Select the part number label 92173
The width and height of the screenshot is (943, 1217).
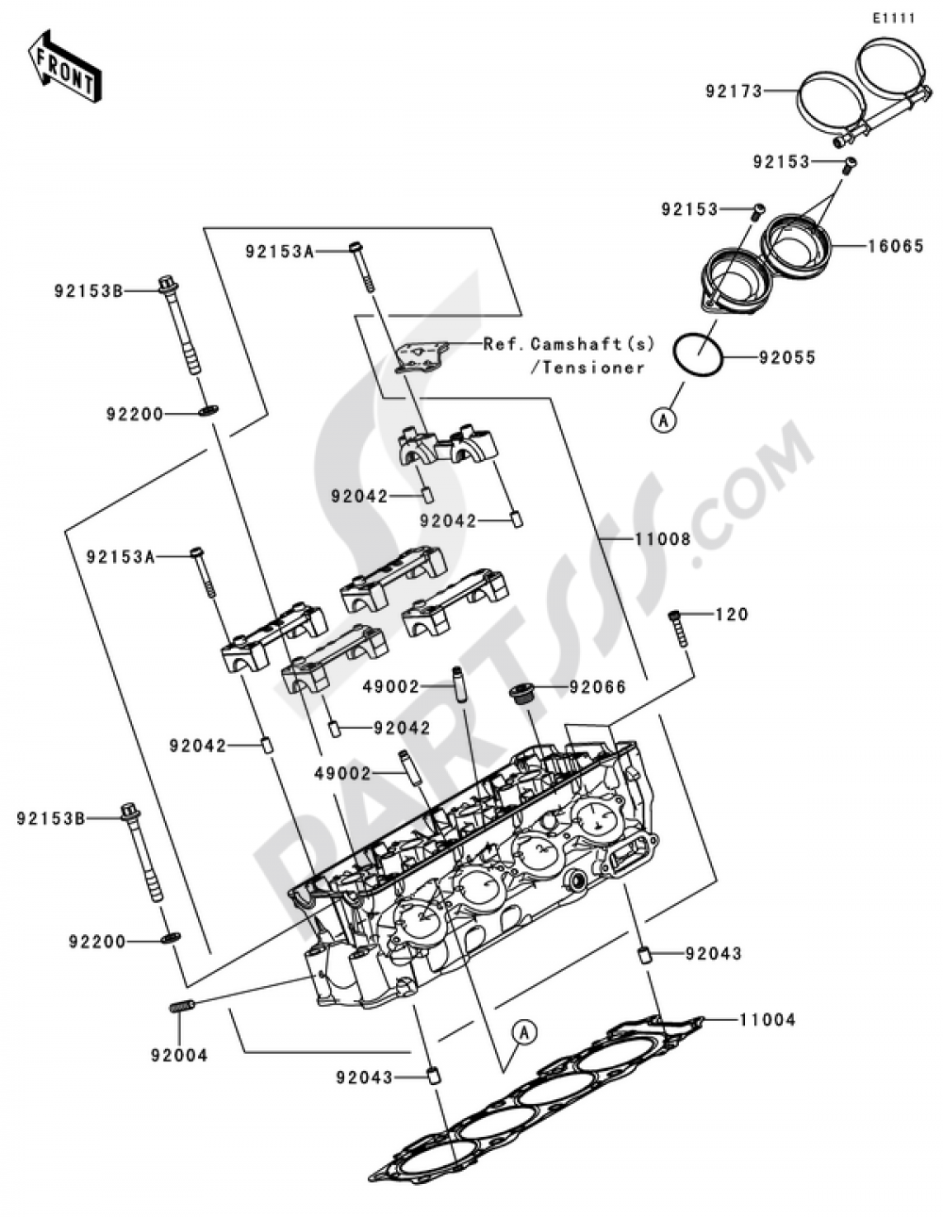pyautogui.click(x=733, y=91)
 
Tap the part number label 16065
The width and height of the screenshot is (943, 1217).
pyautogui.click(x=896, y=247)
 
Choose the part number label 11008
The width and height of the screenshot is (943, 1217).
pyautogui.click(x=663, y=539)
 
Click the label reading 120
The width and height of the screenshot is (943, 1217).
pyautogui.click(x=732, y=615)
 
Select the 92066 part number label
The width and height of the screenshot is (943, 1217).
pyautogui.click(x=597, y=687)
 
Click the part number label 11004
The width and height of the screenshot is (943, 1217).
pyautogui.click(x=767, y=1019)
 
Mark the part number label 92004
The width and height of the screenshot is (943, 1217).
pyautogui.click(x=178, y=1055)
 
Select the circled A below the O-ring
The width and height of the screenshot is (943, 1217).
pyautogui.click(x=664, y=420)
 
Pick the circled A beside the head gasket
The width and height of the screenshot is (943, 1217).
pyautogui.click(x=525, y=1033)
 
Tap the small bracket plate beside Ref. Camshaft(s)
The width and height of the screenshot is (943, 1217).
pyautogui.click(x=418, y=356)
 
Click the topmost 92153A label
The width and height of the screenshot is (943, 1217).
pyautogui.click(x=279, y=252)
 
